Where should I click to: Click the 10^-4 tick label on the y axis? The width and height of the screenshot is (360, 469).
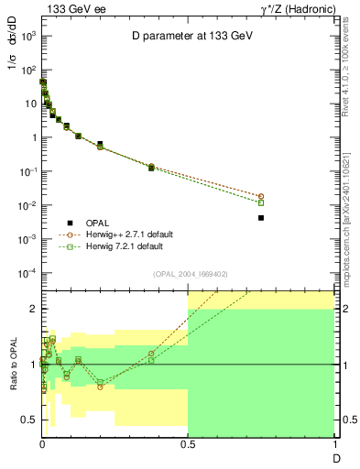tap(27, 273)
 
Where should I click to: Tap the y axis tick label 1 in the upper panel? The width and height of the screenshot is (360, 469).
tap(32, 137)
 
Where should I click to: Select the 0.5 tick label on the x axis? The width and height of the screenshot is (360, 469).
tap(188, 442)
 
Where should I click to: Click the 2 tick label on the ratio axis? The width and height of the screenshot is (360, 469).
tap(32, 309)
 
